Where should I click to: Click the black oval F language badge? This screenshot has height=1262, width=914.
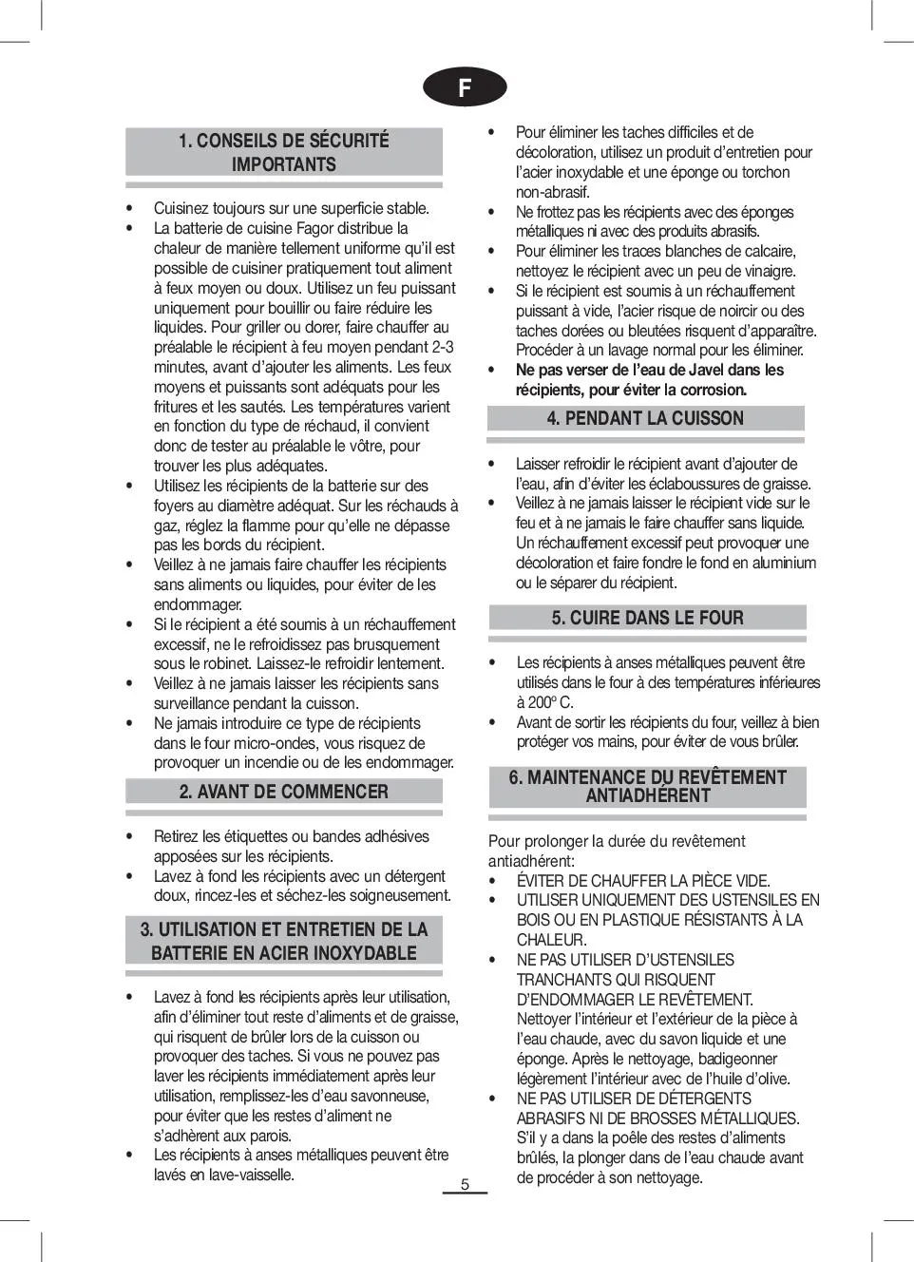[465, 87]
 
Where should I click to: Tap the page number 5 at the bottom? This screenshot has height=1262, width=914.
[465, 1184]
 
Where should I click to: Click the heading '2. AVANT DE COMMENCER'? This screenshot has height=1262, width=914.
[283, 792]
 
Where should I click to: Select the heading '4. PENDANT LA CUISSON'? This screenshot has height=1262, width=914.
[645, 418]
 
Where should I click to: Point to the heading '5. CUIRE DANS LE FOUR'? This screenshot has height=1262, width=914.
[647, 618]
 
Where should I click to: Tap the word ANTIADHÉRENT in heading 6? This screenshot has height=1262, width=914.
[647, 796]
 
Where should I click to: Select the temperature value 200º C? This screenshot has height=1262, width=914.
[545, 702]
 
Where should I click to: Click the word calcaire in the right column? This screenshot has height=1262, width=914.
[765, 251]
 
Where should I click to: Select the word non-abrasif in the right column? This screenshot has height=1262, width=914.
[552, 192]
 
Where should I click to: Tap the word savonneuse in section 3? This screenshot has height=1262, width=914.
[388, 1096]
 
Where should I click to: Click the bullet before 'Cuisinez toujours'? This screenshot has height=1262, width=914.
[128, 208]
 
